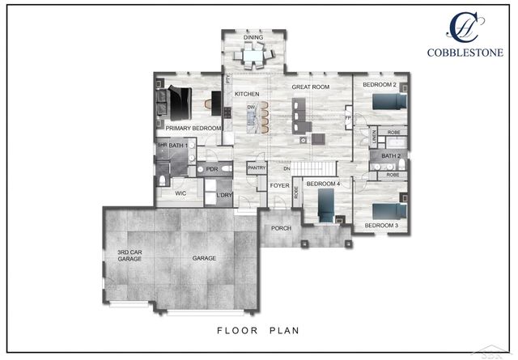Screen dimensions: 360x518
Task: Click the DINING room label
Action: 253,36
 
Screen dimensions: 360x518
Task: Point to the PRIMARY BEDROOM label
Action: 193,128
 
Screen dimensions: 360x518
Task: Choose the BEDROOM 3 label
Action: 380,225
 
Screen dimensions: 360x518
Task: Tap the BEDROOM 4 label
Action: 322,184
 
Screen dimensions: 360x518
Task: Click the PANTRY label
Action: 257,167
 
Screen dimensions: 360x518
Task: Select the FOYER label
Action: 279,185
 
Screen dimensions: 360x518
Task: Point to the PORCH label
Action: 281,228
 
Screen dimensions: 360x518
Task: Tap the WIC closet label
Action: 180,194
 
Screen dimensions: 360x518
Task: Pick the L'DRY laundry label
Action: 223,195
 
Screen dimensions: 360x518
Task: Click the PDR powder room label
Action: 212,170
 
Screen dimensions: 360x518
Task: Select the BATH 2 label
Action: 392,156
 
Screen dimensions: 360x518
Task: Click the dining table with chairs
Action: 253,57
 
